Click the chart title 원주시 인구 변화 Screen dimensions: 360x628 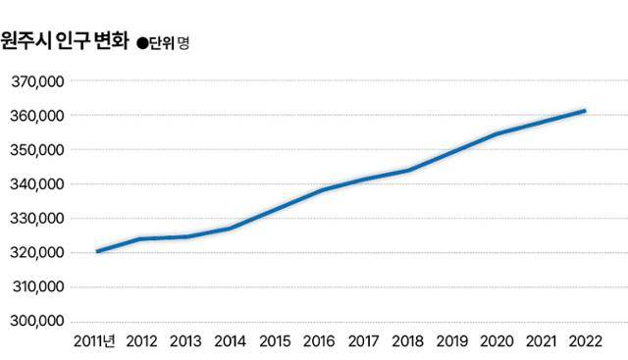(64, 43)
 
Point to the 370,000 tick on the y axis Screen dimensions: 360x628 (37, 81)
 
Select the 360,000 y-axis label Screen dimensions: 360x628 (37, 116)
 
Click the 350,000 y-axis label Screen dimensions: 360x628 (37, 150)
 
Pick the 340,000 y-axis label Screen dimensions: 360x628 (37, 184)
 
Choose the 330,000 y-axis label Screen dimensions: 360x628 (37, 219)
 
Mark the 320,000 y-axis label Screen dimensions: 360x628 (37, 253)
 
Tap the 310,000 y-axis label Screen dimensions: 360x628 (37, 287)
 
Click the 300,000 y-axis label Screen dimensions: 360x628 (37, 322)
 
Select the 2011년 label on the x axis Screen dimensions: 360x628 (95, 341)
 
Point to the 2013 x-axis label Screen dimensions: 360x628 (187, 341)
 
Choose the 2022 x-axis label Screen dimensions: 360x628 (585, 341)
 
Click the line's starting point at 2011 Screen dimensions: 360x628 (98, 251)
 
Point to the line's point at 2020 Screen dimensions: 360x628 (497, 133)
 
